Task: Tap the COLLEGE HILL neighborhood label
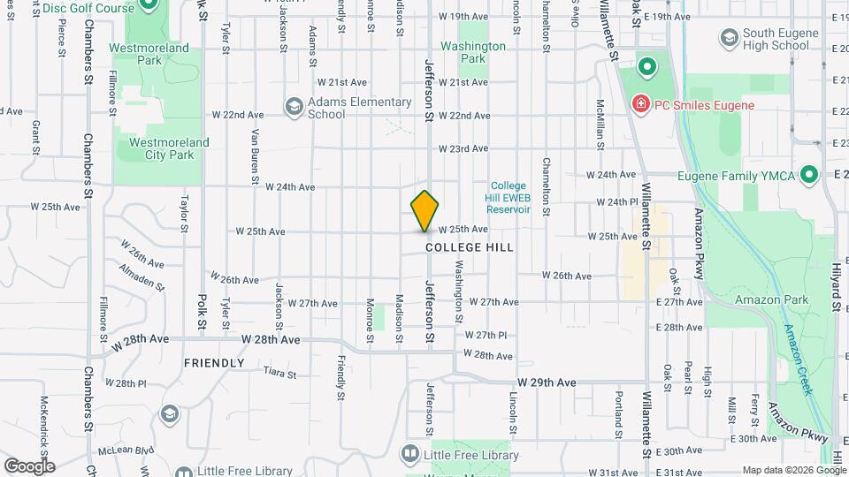click(x=469, y=248)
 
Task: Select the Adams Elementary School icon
click(x=294, y=108)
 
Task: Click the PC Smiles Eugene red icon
click(x=639, y=106)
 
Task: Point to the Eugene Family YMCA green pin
click(x=807, y=175)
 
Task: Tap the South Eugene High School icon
click(x=729, y=37)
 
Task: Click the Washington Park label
click(x=473, y=52)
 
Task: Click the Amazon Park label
click(x=771, y=299)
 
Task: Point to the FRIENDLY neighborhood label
click(x=213, y=363)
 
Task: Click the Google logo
click(x=28, y=466)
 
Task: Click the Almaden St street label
click(x=142, y=278)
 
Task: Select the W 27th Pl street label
click(x=486, y=336)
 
